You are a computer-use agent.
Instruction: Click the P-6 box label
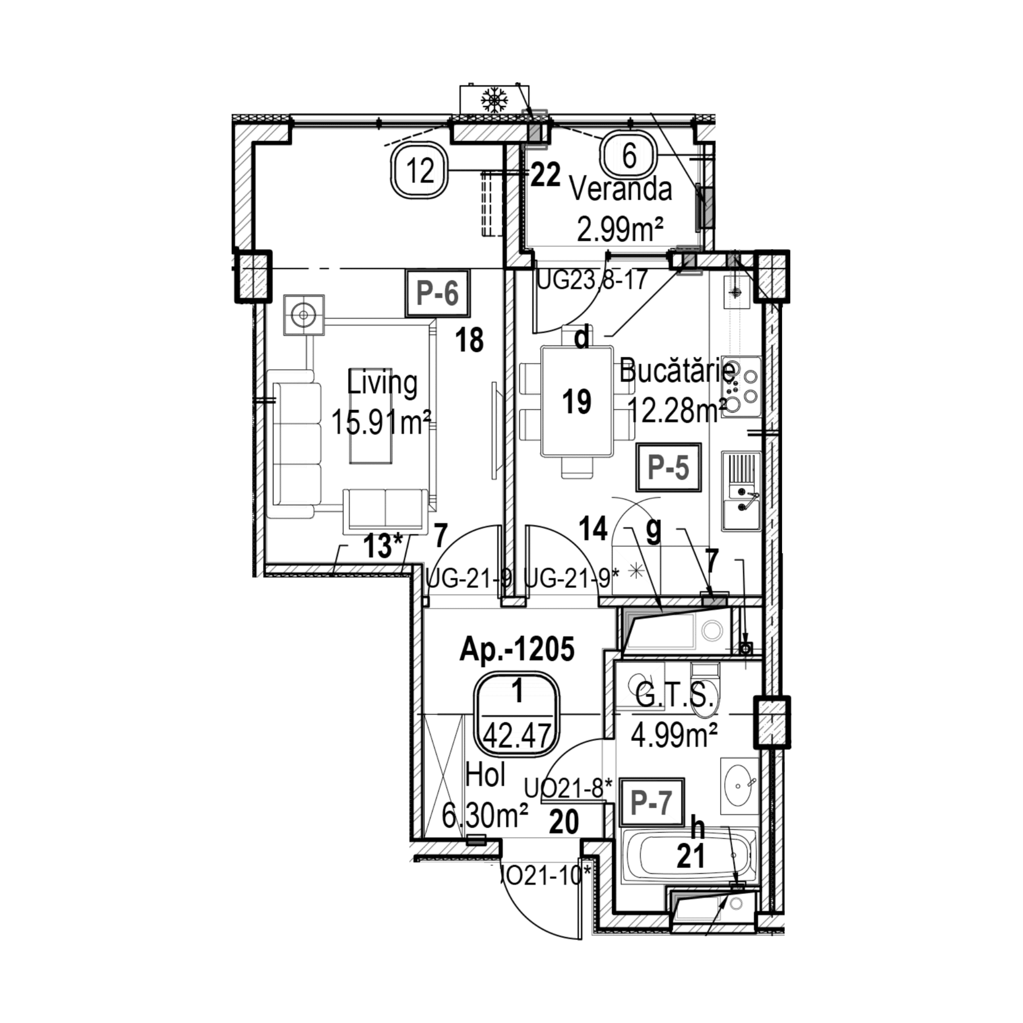[x=437, y=294]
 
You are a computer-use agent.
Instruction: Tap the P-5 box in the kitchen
[x=669, y=468]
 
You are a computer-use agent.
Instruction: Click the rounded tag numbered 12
[x=421, y=171]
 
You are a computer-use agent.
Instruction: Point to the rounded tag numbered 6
[x=629, y=156]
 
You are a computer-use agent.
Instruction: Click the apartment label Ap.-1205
[x=516, y=650]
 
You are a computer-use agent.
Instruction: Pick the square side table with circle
[x=303, y=315]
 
